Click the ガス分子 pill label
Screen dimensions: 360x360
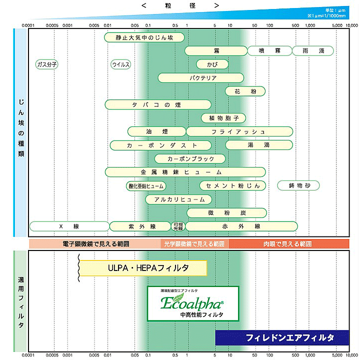click(47, 64)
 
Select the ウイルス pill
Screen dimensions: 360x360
click(120, 64)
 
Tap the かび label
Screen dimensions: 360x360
click(212, 64)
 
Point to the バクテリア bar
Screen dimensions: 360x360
click(201, 78)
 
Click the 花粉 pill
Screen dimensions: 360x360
click(245, 91)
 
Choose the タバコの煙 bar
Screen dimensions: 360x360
click(158, 104)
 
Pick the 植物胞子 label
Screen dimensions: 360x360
click(223, 118)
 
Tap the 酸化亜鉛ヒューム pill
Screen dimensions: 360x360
click(146, 186)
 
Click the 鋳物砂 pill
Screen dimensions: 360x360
click(298, 186)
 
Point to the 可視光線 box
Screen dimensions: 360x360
click(177, 226)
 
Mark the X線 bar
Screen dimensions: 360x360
click(69, 226)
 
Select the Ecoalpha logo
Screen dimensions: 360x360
click(192, 303)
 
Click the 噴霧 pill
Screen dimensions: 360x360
click(268, 51)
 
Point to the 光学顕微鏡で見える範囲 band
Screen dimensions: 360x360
click(194, 244)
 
